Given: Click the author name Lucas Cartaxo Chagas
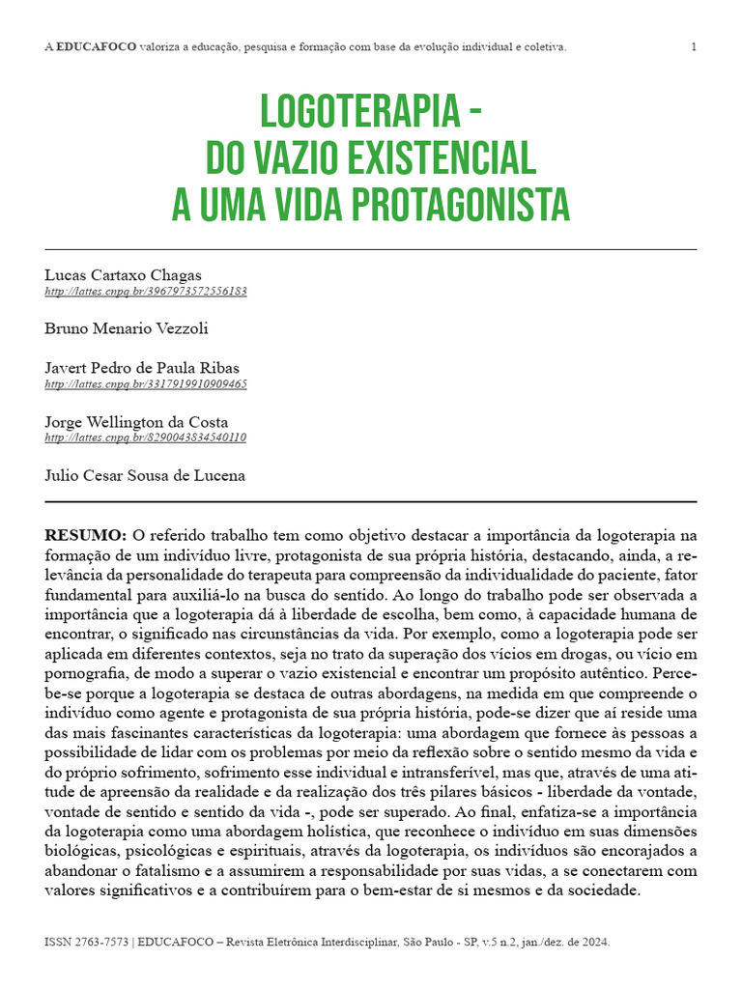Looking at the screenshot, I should click(x=123, y=275).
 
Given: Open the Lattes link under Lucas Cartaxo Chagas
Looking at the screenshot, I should click(x=145, y=291).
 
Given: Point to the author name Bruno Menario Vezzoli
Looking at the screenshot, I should click(x=127, y=328).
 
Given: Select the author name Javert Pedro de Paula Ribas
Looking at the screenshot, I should click(x=142, y=368).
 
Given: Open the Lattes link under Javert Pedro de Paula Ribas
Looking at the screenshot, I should click(x=145, y=383).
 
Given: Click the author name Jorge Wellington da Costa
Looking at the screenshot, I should click(x=136, y=421).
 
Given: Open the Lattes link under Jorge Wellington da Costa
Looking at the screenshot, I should click(x=145, y=437).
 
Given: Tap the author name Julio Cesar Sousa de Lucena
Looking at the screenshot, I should click(x=145, y=475).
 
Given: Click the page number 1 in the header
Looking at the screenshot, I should click(x=694, y=46).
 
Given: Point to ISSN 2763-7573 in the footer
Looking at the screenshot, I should click(x=85, y=942).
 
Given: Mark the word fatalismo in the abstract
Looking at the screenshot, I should click(x=159, y=872).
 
